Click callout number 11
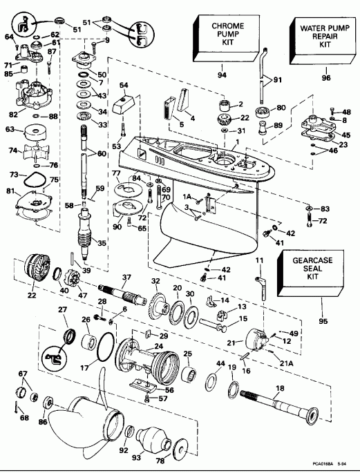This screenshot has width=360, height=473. pyautogui.click(x=260, y=260)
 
